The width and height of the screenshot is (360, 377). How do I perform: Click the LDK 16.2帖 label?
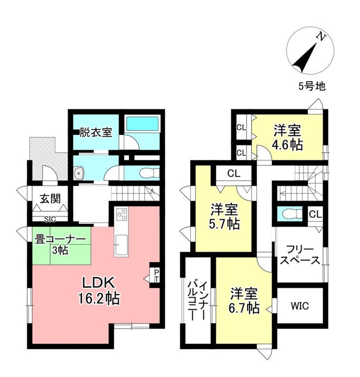pos(99,291)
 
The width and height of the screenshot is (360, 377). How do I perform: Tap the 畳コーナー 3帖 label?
pos(60,245)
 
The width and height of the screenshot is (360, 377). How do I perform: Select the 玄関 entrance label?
pos(50,199)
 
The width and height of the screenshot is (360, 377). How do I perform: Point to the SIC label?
pos(50,219)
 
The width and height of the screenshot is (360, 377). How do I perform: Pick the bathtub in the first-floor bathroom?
pos(143,124)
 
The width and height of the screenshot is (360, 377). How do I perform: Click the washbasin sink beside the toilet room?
pos(79,173)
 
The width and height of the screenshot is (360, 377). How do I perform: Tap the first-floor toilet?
pos(148,173)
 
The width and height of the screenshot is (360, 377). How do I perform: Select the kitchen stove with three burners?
pos(122,214)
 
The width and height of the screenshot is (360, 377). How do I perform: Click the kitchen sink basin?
pos(121,245)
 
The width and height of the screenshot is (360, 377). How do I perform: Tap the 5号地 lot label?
pos(312,86)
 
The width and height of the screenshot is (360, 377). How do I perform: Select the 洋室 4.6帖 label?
pos(287,138)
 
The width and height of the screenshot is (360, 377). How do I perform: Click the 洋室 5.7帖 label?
pos(224,216)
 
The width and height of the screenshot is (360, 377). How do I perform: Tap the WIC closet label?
pos(299,306)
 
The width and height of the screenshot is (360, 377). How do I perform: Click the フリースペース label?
pos(300,255)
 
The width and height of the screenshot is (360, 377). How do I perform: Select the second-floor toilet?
pos(292,214)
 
